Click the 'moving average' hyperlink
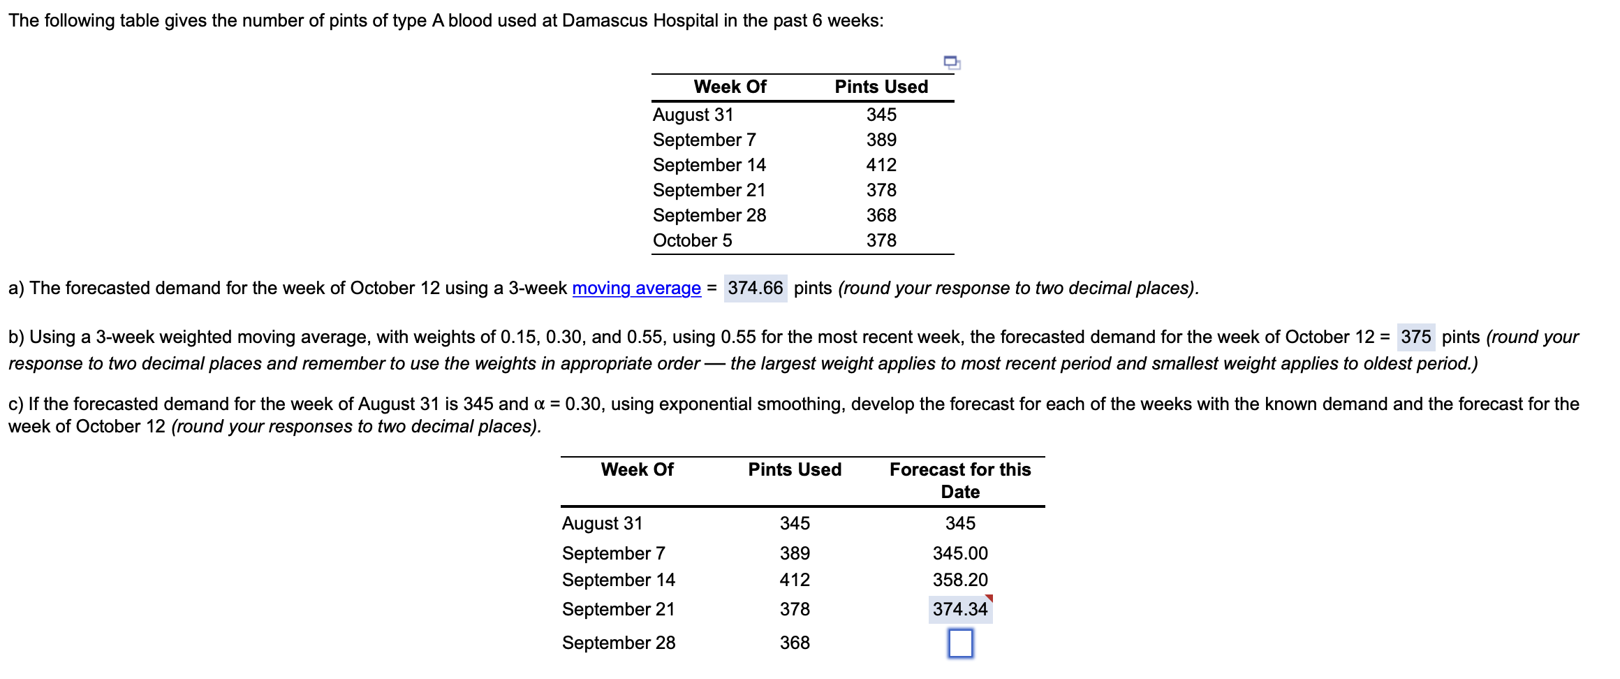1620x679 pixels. pyautogui.click(x=636, y=289)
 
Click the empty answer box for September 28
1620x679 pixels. pyautogui.click(x=960, y=643)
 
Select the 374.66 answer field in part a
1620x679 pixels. pyautogui.click(x=755, y=289)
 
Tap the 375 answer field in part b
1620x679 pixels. pyautogui.click(x=1415, y=337)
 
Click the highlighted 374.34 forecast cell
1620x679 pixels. pyautogui.click(x=960, y=609)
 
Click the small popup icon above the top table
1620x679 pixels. pyautogui.click(x=952, y=63)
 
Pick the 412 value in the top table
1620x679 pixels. pyautogui.click(x=881, y=166)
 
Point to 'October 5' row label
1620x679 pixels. pyautogui.click(x=692, y=241)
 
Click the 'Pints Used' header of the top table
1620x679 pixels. pyautogui.click(x=881, y=87)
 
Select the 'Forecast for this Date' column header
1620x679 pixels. pyautogui.click(x=960, y=481)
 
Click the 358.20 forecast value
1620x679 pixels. pyautogui.click(x=960, y=580)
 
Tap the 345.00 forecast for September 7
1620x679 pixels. pyautogui.click(x=960, y=553)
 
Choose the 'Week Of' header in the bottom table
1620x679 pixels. pyautogui.click(x=637, y=470)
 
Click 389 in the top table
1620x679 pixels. pyautogui.click(x=881, y=140)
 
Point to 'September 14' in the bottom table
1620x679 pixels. pyautogui.click(x=618, y=580)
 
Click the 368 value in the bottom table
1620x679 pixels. pyautogui.click(x=795, y=643)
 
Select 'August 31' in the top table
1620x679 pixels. pyautogui.click(x=693, y=115)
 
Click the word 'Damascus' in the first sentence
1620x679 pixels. pyautogui.click(x=605, y=21)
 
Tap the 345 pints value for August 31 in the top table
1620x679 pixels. pyautogui.click(x=881, y=115)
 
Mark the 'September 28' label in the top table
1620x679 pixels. pyautogui.click(x=709, y=216)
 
